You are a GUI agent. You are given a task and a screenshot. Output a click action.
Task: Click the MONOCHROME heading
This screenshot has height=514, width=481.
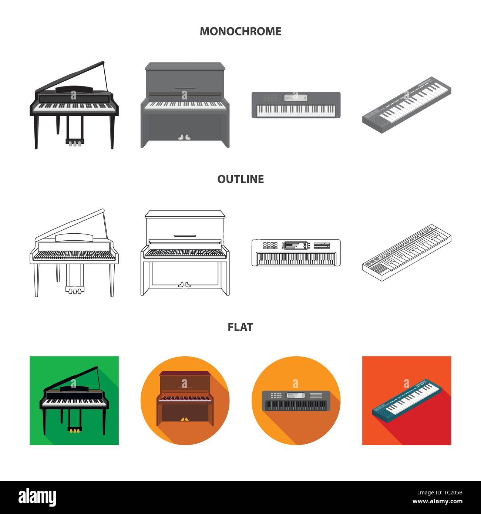point(240,31)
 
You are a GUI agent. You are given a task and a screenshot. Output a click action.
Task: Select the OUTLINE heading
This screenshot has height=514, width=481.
point(240,179)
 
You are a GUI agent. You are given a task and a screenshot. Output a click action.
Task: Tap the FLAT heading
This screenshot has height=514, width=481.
point(240,327)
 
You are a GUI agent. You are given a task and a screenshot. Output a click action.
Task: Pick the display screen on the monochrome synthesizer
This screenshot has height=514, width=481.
point(296,98)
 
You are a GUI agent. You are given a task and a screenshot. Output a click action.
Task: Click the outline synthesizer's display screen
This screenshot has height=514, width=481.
point(296,245)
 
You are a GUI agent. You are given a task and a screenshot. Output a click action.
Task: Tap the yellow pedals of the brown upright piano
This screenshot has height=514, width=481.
point(184,419)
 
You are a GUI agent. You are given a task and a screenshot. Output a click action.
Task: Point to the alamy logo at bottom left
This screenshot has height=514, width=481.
point(37,497)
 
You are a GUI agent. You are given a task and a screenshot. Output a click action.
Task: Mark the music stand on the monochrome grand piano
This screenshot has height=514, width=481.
point(74,90)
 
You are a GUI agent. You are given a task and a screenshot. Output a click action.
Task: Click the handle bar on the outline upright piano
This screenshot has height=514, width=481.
point(185,236)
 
